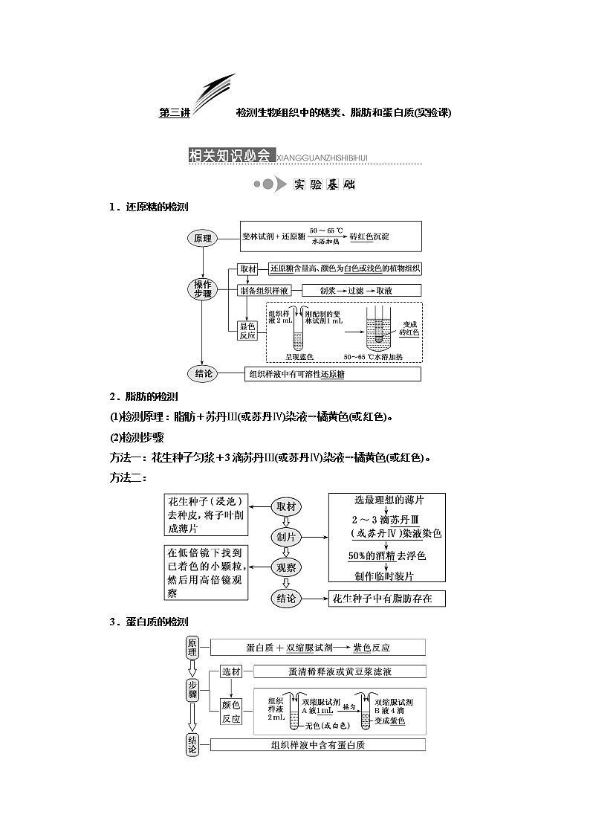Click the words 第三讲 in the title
click(175, 113)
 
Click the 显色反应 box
click(247, 329)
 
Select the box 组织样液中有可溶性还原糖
click(333, 375)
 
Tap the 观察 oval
click(287, 567)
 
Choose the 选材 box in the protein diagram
click(231, 671)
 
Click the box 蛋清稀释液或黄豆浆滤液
click(340, 671)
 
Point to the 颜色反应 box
click(231, 712)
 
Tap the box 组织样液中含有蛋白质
click(318, 745)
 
